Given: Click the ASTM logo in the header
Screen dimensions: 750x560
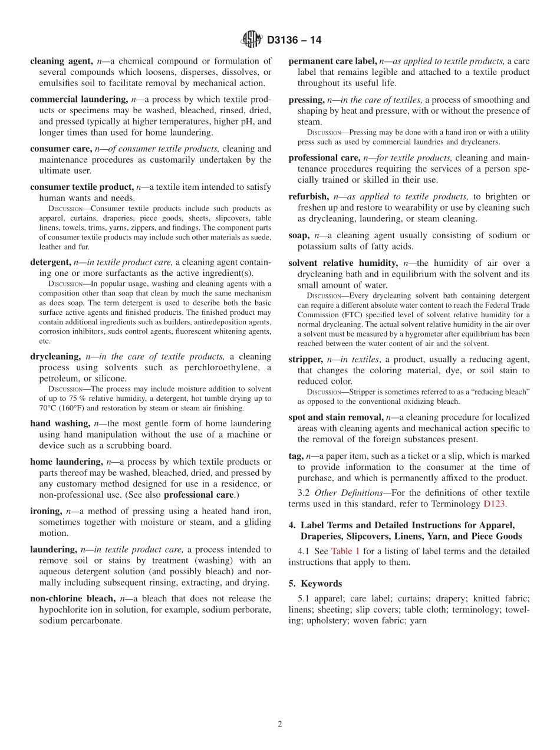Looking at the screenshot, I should (x=252, y=40).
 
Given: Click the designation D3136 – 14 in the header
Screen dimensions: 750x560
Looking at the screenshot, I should (x=294, y=41).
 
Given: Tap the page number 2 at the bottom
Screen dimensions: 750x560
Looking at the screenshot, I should (x=280, y=725).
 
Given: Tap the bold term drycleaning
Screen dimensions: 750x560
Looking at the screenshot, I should (x=55, y=357).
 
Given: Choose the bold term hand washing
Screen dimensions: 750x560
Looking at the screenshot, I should (x=60, y=423).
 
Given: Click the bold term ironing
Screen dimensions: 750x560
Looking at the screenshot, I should (x=45, y=511).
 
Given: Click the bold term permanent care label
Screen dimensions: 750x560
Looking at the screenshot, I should (x=332, y=61).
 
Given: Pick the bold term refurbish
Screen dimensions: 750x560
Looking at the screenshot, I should (x=308, y=196).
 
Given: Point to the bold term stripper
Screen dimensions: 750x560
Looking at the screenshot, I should (x=305, y=359).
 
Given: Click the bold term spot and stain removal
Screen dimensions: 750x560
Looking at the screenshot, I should (x=335, y=417).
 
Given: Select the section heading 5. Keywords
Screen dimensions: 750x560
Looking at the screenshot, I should (x=315, y=584).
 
